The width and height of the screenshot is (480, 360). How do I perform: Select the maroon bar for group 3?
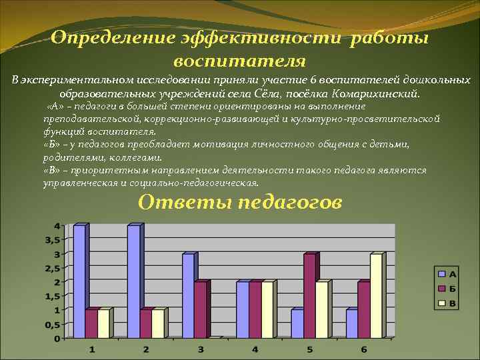coord(200,309)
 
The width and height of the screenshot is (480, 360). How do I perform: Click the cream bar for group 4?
coord(267,309)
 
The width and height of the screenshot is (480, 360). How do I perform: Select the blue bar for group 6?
coord(351,323)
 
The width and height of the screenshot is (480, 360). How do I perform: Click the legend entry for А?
coord(446,274)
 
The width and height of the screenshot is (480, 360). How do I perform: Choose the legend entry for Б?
coord(446,289)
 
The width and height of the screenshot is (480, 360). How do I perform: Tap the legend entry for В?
coord(446,303)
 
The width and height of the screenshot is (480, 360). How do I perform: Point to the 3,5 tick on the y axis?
coord(53,239)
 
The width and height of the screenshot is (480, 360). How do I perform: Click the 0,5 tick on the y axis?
coord(53,324)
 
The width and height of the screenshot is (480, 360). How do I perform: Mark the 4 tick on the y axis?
coord(57,225)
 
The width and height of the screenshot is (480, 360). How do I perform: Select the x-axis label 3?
coord(201,349)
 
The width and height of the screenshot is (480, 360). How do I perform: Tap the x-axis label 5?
coord(310,349)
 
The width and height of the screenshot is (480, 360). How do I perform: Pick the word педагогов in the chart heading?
coord(291,202)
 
